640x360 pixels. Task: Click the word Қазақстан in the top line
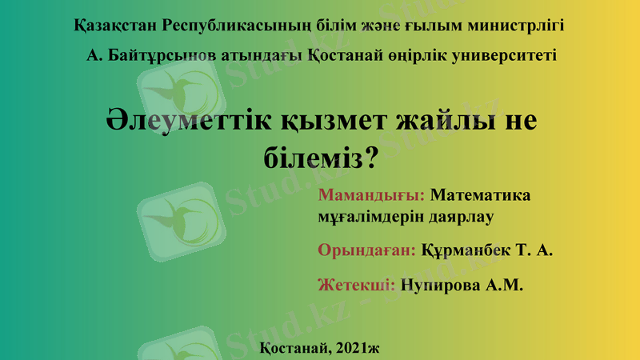coord(114,25)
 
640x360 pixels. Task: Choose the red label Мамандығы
coord(371,195)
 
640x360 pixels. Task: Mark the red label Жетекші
coord(357,285)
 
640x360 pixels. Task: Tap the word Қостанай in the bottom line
coord(293,346)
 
